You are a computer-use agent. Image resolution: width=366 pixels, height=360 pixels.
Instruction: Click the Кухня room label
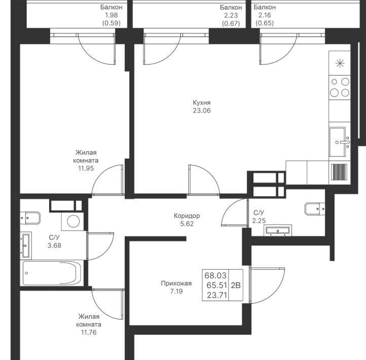(202, 103)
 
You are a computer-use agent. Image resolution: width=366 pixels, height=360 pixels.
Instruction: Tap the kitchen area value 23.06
(202, 111)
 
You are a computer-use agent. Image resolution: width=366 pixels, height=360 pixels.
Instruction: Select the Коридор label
(187, 215)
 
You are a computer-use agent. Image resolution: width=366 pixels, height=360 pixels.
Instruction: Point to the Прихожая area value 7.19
(176, 292)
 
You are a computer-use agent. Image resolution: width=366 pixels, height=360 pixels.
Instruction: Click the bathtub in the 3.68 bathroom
(52, 273)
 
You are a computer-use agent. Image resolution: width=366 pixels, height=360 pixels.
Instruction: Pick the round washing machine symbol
(73, 221)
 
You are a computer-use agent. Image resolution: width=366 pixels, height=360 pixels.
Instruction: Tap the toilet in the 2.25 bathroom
(315, 209)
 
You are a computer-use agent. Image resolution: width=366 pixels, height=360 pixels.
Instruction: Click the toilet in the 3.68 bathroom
(30, 218)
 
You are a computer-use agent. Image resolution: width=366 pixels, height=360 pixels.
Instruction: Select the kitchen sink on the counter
(340, 142)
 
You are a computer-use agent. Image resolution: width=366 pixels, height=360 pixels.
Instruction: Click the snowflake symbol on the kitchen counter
(340, 63)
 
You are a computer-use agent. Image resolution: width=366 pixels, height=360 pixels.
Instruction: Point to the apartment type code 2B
(236, 285)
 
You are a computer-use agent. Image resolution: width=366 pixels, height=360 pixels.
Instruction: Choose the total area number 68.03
(215, 275)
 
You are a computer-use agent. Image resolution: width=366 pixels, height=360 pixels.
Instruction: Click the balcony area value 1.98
(111, 15)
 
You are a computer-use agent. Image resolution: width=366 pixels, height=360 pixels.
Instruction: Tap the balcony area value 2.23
(231, 15)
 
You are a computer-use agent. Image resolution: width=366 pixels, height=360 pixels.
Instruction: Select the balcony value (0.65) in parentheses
(265, 23)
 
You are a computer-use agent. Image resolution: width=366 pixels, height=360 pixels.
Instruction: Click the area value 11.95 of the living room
(86, 168)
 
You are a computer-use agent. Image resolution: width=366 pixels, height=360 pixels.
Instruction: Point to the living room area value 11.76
(89, 332)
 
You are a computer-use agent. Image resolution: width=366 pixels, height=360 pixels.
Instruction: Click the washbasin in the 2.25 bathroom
(278, 230)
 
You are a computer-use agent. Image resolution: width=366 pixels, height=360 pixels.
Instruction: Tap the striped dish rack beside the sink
(339, 172)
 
